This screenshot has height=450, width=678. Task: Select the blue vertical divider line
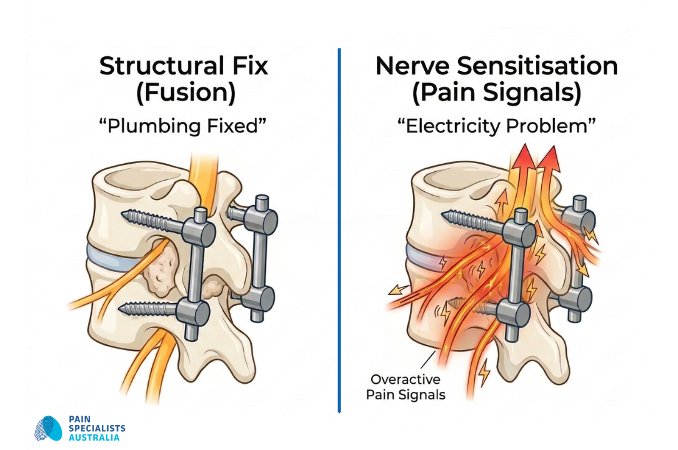click(x=339, y=231)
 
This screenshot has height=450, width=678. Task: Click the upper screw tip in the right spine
click(x=448, y=216)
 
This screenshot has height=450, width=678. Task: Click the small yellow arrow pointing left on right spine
click(x=394, y=289)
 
